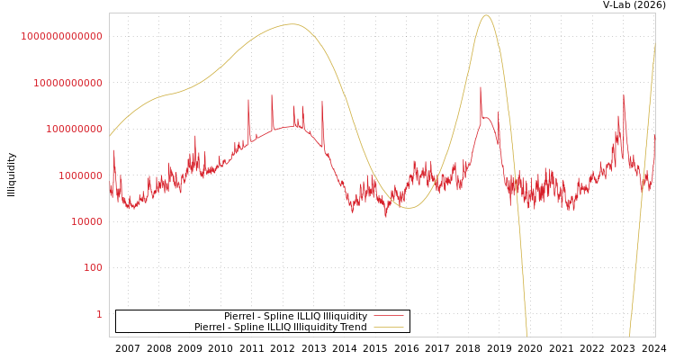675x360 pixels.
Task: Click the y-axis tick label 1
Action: pyautogui.click(x=99, y=314)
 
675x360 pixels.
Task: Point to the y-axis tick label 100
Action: pyautogui.click(x=94, y=268)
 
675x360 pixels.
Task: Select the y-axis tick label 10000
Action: pyautogui.click(x=87, y=221)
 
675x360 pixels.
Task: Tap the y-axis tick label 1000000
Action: pyautogui.click(x=82, y=175)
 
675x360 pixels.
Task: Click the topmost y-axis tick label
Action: pyautogui.click(x=62, y=36)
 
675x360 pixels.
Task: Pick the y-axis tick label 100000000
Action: pyautogui.click(x=75, y=129)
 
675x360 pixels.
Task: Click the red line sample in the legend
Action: pyautogui.click(x=388, y=317)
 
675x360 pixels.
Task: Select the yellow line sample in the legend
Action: pyautogui.click(x=388, y=328)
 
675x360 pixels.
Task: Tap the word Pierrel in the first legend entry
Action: pyautogui.click(x=239, y=317)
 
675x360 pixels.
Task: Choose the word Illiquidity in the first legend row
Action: pyautogui.click(x=338, y=317)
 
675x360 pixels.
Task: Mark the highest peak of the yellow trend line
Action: pyautogui.click(x=486, y=15)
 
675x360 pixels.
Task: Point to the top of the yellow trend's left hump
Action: pyautogui.click(x=292, y=24)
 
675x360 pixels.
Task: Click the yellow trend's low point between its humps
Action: pyautogui.click(x=408, y=208)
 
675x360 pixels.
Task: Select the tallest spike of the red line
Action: pyautogui.click(x=481, y=88)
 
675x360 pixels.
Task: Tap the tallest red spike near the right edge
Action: pyautogui.click(x=624, y=96)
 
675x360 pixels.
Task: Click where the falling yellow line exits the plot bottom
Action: pyautogui.click(x=526, y=336)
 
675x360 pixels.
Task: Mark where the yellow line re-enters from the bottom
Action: pyautogui.click(x=629, y=336)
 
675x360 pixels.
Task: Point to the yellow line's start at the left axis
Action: pyautogui.click(x=111, y=136)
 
